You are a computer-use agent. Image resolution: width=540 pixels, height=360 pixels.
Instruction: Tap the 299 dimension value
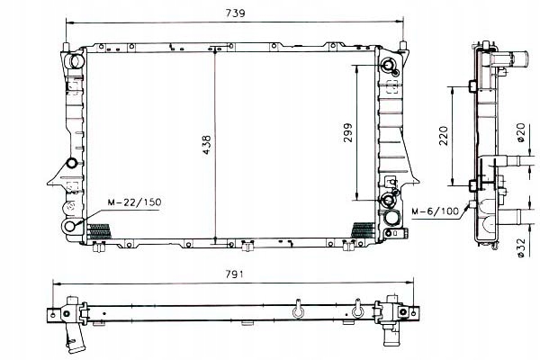(347, 132)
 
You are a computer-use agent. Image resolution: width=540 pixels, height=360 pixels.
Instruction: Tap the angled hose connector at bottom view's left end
(75, 340)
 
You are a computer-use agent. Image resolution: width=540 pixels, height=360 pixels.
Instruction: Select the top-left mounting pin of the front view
(67, 41)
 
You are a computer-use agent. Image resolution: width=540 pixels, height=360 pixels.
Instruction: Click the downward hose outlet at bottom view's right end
(393, 333)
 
